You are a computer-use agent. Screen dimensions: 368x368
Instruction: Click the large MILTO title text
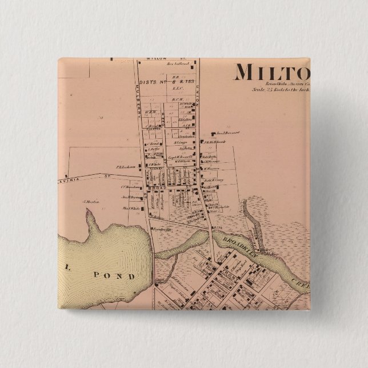(271, 73)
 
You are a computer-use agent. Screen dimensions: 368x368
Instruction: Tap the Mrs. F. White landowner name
(131, 209)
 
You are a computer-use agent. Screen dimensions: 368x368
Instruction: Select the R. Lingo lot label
(182, 143)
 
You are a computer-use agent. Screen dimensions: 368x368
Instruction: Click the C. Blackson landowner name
(130, 187)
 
